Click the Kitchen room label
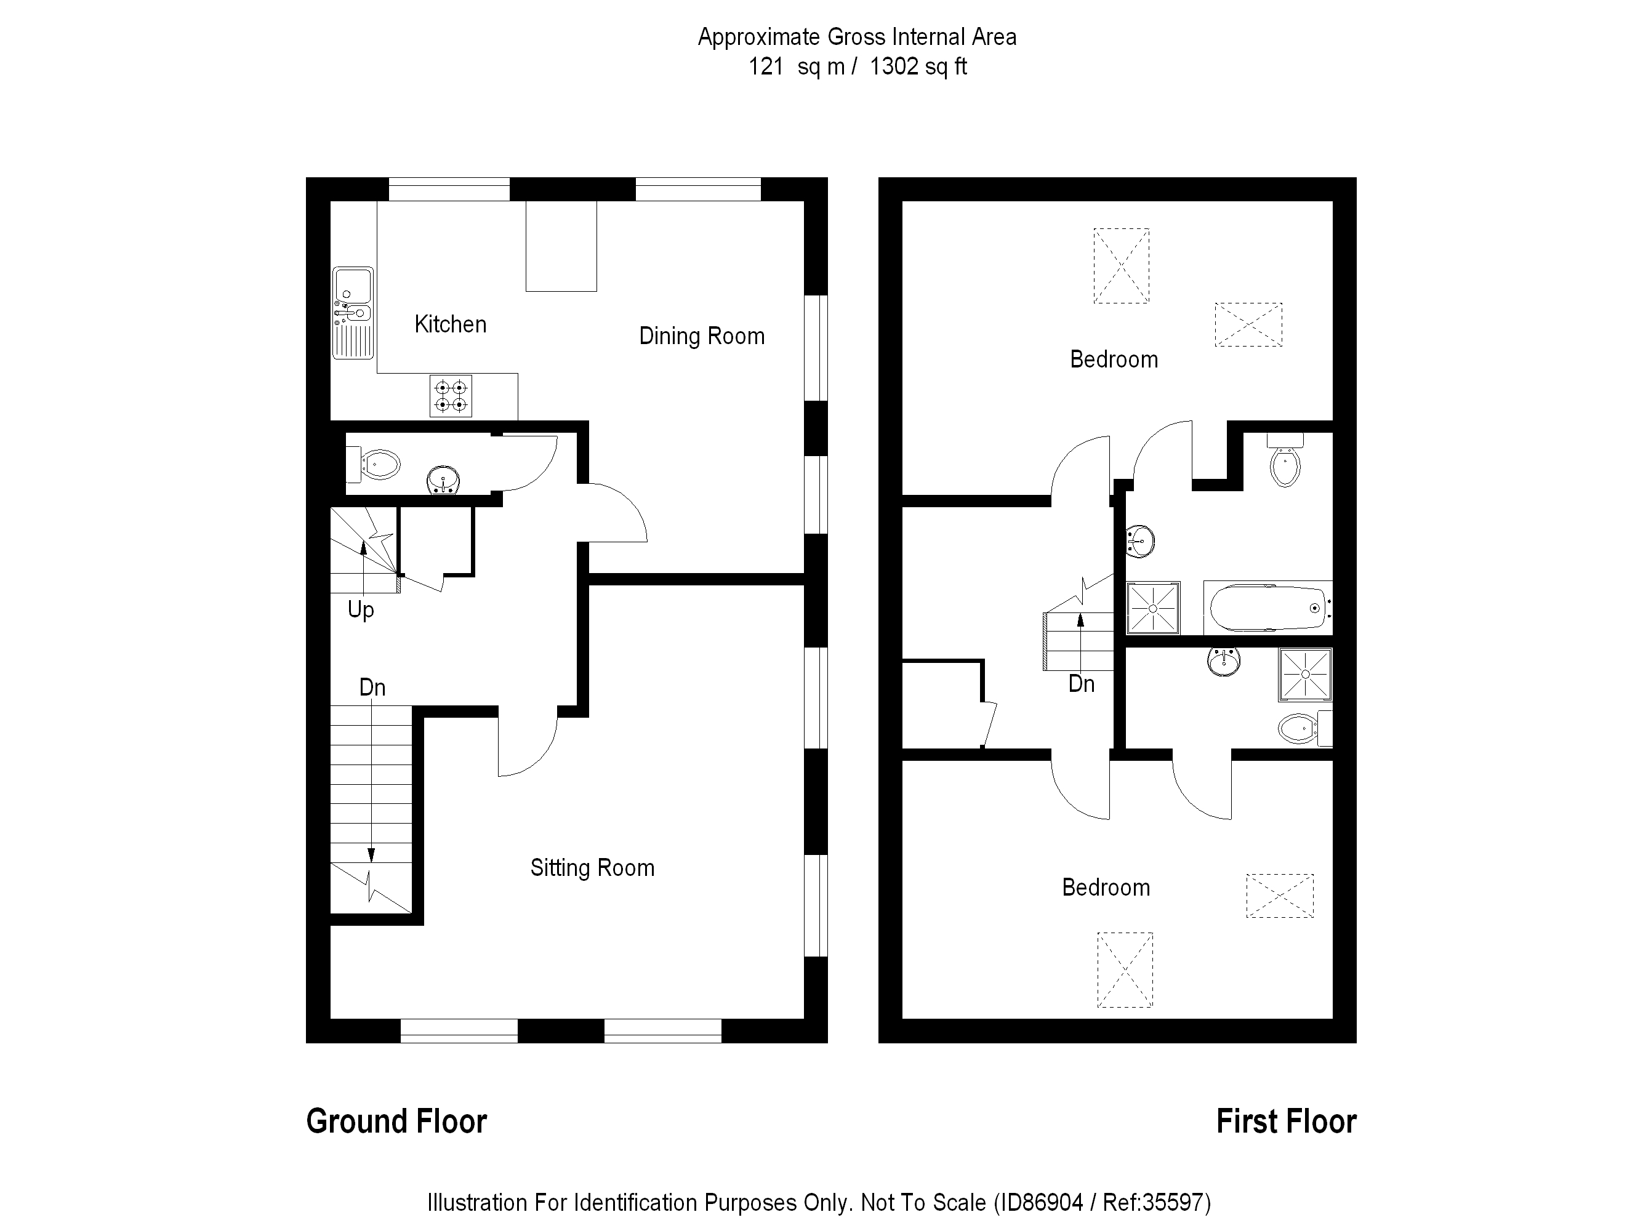click(x=450, y=324)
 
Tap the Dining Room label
click(x=701, y=337)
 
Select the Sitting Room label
click(x=592, y=868)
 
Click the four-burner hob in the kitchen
click(x=451, y=396)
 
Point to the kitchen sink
click(x=353, y=312)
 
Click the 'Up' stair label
click(x=361, y=610)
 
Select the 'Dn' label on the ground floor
click(x=372, y=687)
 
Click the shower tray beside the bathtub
click(x=1154, y=608)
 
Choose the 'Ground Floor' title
click(x=396, y=1122)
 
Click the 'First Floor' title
click(x=1286, y=1122)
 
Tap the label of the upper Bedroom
click(x=1114, y=359)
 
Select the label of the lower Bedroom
click(x=1106, y=888)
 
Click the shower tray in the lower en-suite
click(x=1305, y=675)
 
